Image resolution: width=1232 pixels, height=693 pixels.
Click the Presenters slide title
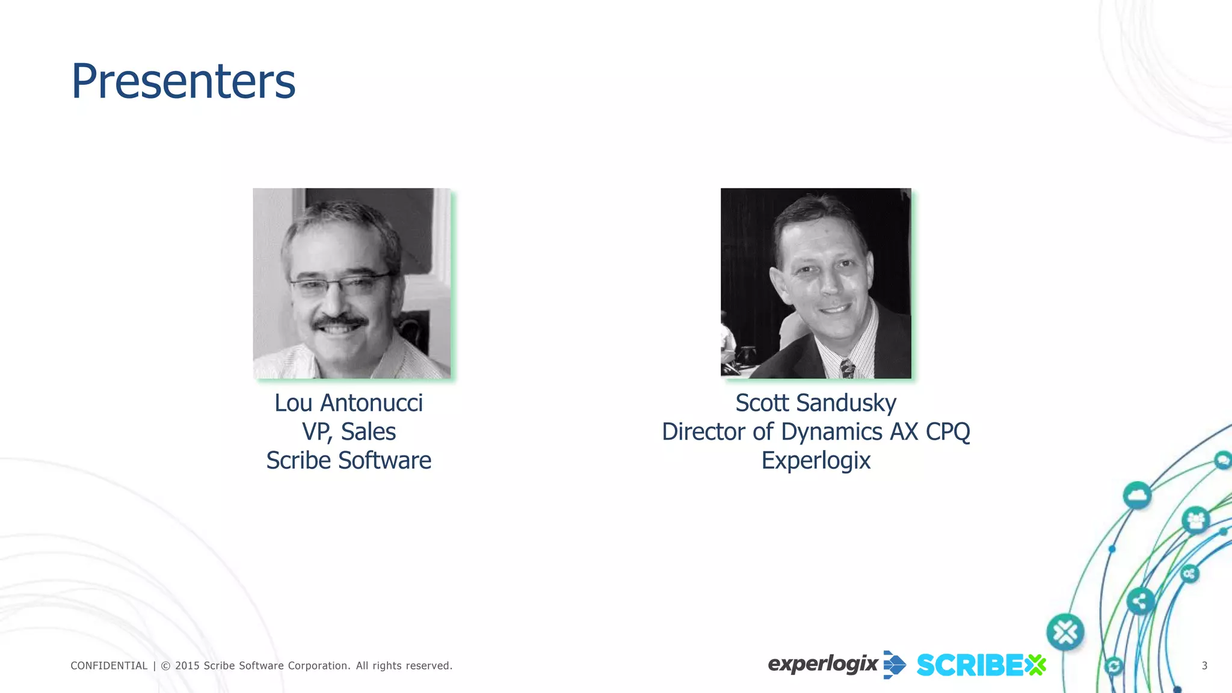tap(183, 81)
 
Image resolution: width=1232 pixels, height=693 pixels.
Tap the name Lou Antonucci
tap(348, 403)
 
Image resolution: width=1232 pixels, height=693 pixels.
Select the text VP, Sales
tap(348, 432)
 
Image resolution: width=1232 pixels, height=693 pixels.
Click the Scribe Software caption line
tap(348, 461)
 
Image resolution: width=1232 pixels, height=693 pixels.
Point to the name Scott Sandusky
tap(816, 403)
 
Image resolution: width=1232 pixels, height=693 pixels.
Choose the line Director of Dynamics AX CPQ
tap(816, 432)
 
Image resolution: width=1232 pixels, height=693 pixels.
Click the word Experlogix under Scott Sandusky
tap(816, 461)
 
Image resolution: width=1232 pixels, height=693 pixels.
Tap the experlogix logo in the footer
tap(836, 665)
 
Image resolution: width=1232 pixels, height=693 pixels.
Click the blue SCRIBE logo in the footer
tap(970, 665)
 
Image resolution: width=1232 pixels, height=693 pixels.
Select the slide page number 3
tap(1204, 665)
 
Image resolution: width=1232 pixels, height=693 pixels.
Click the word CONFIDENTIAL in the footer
tap(109, 665)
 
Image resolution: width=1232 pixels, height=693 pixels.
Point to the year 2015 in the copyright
tap(186, 665)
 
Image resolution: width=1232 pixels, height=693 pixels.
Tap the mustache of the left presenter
tap(339, 322)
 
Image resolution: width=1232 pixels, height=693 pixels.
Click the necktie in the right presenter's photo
tap(848, 367)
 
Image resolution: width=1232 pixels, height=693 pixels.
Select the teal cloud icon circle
tap(1136, 496)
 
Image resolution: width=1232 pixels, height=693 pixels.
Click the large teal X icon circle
tap(1065, 632)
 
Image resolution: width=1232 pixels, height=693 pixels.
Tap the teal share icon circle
tap(1139, 601)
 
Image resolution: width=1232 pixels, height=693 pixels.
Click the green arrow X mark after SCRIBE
tap(1036, 665)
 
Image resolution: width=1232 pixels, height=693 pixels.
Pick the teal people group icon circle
tap(1195, 520)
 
